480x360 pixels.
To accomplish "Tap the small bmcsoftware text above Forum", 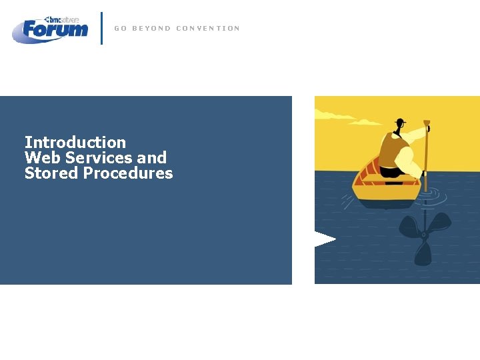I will [63, 20].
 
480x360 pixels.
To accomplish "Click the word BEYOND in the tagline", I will [151, 29].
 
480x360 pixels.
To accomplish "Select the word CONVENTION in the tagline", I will [207, 29].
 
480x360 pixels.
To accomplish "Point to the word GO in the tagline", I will [120, 29].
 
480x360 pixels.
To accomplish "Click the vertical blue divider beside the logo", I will [101, 28].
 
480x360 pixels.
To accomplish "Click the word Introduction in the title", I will [75, 142].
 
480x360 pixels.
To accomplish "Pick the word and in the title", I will [152, 158].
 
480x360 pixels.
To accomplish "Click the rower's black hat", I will [400, 123].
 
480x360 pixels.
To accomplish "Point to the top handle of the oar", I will [427, 123].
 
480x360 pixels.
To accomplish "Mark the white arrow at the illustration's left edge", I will [325, 239].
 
